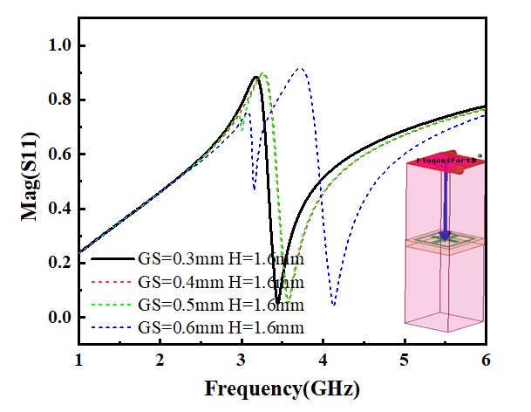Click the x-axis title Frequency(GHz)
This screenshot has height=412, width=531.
[x=282, y=387]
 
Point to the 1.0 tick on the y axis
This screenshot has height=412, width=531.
[x=59, y=45]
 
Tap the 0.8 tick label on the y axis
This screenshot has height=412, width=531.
[x=59, y=100]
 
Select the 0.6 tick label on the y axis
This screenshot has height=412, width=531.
[x=59, y=154]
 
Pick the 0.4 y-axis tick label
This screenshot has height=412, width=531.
[x=59, y=209]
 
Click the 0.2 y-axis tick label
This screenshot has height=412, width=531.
[x=59, y=263]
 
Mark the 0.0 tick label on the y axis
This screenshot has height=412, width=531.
[x=59, y=317]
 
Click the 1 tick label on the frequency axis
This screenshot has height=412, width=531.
[x=79, y=360]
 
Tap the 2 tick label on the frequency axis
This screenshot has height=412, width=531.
[x=160, y=360]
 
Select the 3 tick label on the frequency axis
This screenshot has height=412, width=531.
[x=242, y=360]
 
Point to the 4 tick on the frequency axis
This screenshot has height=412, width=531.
[x=323, y=360]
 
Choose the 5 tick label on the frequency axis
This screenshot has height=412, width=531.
[x=405, y=360]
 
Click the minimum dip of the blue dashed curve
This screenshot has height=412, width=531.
[x=334, y=304]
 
